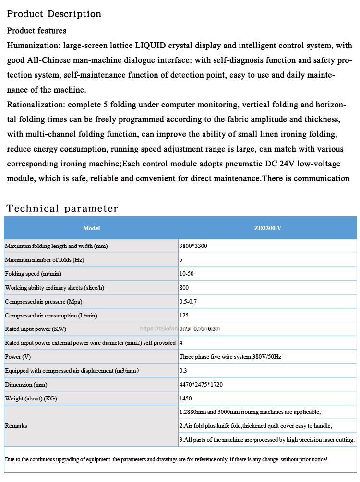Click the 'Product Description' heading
click(54, 14)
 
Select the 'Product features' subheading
click(36, 31)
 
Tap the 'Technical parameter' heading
click(62, 208)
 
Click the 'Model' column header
click(91, 228)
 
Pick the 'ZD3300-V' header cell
click(267, 228)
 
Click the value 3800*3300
click(193, 246)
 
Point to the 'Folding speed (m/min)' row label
click(33, 274)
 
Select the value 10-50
click(186, 274)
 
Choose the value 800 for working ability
click(184, 288)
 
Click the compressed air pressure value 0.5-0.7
click(188, 302)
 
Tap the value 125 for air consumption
click(184, 316)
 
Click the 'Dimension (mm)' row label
click(26, 385)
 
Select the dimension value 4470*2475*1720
click(201, 385)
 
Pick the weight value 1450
click(185, 399)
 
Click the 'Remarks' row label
click(16, 426)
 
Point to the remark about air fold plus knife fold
click(255, 426)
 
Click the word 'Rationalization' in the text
click(36, 105)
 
